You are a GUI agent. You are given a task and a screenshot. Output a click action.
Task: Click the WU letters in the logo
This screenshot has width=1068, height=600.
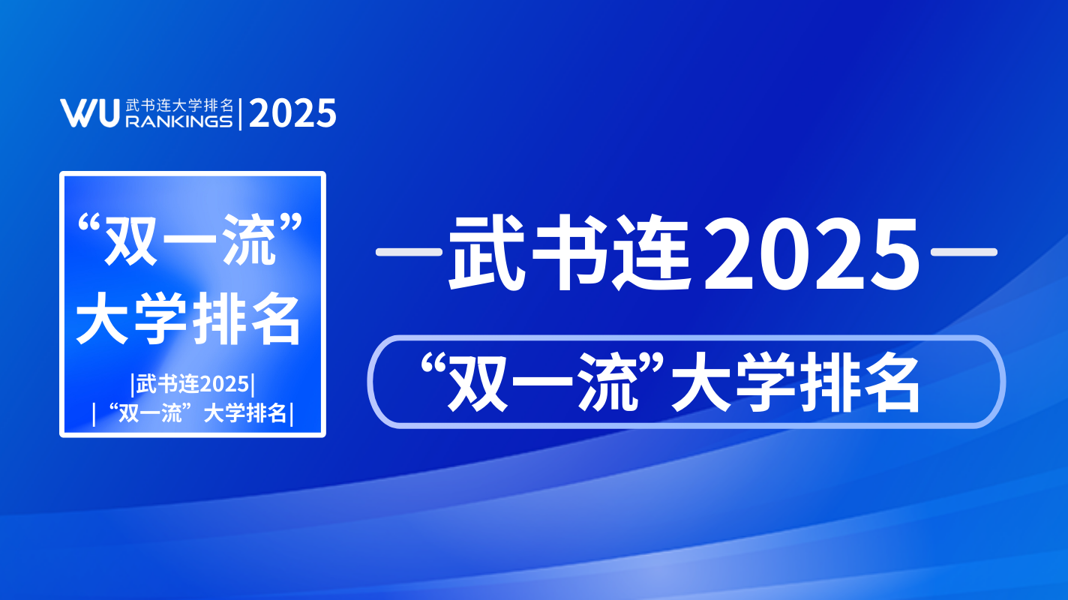(x=89, y=113)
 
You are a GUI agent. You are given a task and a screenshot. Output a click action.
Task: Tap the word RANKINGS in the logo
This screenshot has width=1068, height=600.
(x=179, y=121)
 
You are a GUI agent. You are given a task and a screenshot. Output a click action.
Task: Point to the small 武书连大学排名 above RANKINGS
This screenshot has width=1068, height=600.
(x=179, y=106)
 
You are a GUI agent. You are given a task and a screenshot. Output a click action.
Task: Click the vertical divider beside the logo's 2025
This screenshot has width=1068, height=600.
(x=240, y=114)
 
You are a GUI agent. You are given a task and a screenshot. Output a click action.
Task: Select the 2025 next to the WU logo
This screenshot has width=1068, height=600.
(x=292, y=113)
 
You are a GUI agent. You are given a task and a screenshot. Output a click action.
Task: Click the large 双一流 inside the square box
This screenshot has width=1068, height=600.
(x=190, y=240)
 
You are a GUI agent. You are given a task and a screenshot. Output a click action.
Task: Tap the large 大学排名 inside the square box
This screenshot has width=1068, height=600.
(x=189, y=319)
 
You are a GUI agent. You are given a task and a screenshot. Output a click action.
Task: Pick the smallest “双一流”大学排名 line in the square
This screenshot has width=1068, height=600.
(x=193, y=413)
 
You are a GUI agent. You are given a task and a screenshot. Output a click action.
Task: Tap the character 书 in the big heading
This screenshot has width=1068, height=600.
(x=571, y=252)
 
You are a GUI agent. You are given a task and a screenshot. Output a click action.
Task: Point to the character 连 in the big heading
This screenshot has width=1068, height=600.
(x=652, y=252)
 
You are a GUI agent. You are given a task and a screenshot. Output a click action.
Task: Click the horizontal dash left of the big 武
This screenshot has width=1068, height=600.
(x=409, y=252)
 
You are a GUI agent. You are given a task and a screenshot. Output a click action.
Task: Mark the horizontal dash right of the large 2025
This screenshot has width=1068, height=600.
(x=964, y=252)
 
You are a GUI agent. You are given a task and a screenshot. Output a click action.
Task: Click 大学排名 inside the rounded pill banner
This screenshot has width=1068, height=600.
(x=796, y=383)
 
